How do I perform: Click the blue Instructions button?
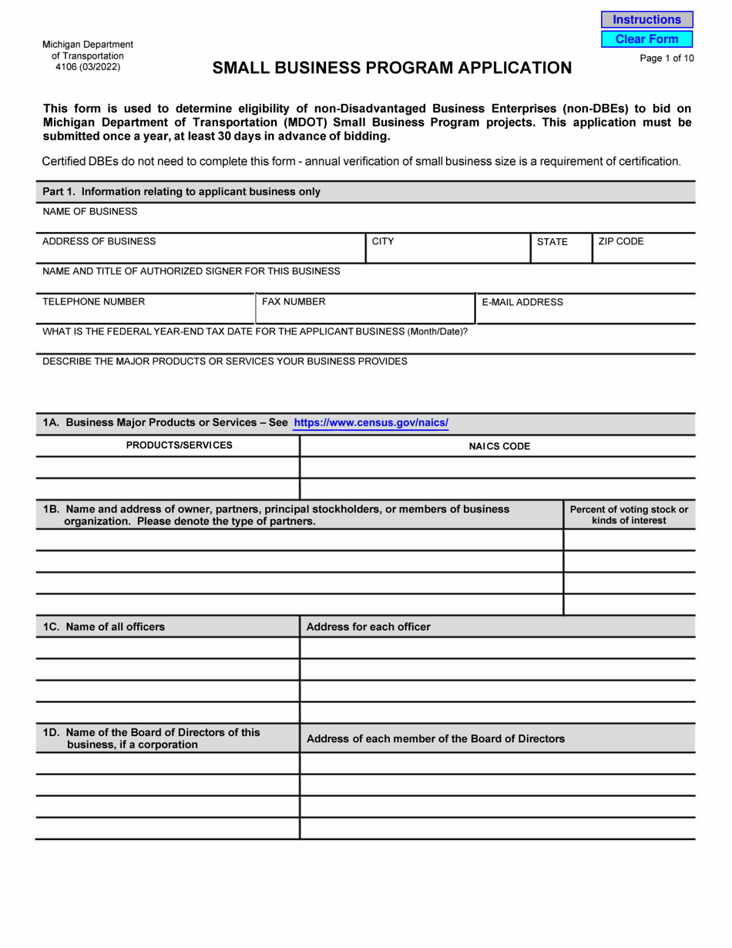[x=646, y=20]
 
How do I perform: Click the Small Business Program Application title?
[x=392, y=69]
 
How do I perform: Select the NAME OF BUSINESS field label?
[x=90, y=211]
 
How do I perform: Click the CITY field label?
[x=383, y=241]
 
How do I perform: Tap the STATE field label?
[x=552, y=241]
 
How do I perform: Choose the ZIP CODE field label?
[x=620, y=241]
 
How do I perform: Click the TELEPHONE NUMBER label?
[x=93, y=302]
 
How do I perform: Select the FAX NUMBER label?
[x=294, y=302]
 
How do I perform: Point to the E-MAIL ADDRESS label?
[x=522, y=302]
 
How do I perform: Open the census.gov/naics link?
[x=371, y=423]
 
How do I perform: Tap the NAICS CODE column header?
[x=499, y=446]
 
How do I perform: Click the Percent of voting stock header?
[x=629, y=515]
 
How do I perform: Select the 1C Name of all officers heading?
[x=104, y=627]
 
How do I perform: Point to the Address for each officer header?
[x=368, y=627]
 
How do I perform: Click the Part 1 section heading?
[x=181, y=191]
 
